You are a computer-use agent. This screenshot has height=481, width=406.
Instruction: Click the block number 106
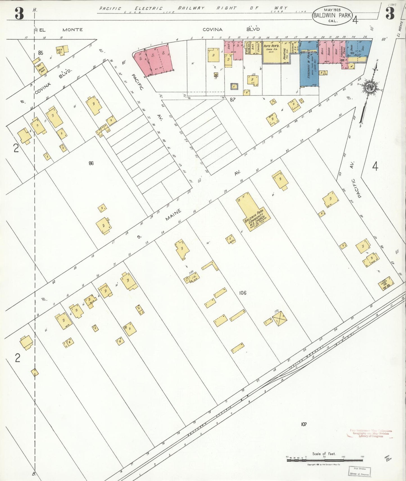click(x=242, y=293)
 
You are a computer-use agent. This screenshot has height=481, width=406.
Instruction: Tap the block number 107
click(x=303, y=424)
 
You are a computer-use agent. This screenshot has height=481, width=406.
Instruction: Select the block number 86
click(x=91, y=163)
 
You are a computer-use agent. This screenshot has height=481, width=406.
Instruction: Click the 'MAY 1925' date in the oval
click(x=332, y=10)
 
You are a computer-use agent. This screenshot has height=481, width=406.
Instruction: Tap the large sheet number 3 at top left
click(x=19, y=13)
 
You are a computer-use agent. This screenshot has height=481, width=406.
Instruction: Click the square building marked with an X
click(x=279, y=318)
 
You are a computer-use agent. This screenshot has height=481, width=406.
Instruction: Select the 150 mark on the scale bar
click(x=362, y=457)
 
